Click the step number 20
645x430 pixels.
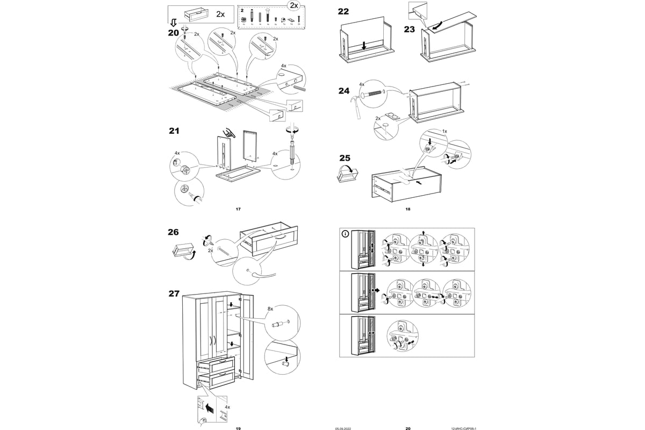pos(173,33)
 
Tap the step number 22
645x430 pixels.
pos(343,11)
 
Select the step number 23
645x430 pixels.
pos(409,29)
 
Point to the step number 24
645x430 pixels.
pos(343,91)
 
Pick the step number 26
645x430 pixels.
pos(173,232)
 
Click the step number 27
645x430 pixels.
pos(173,293)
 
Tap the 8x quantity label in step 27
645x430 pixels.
pos(270,310)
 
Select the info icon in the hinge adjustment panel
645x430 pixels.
pos(346,234)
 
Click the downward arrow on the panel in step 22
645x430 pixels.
pos(364,46)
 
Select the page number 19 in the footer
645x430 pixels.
pos(238,428)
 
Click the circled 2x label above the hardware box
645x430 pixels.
pos(292,6)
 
